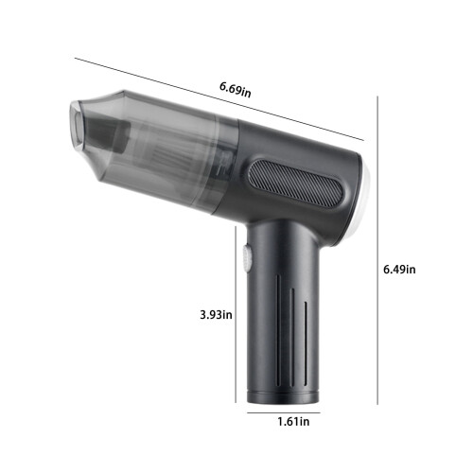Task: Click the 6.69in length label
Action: [236, 90]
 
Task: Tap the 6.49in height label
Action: [399, 270]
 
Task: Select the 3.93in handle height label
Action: [216, 315]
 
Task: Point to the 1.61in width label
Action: [293, 422]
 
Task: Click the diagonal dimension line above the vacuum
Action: [219, 99]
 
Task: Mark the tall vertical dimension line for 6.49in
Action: [377, 251]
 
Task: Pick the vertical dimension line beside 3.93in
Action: [236, 314]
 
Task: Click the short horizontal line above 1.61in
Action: [284, 412]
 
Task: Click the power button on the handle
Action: [247, 258]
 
